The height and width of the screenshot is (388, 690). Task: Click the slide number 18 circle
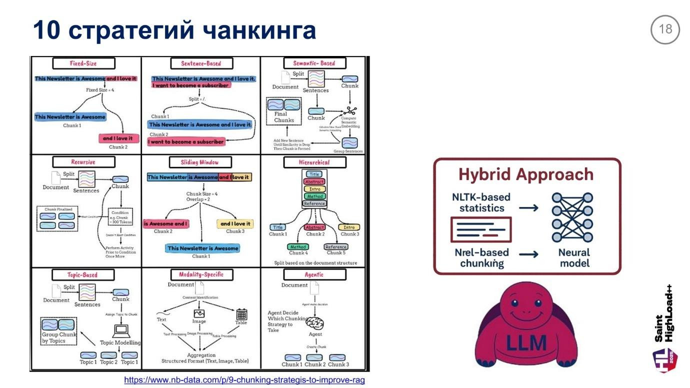(x=665, y=29)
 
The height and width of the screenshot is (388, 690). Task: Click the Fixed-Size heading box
(x=83, y=63)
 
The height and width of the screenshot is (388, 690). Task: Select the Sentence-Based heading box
(x=201, y=63)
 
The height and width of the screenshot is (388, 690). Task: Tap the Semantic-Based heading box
(x=314, y=63)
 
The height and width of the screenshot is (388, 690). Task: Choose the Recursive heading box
(x=83, y=162)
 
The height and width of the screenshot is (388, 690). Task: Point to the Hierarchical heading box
(x=314, y=162)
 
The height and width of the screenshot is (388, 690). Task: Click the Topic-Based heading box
(x=83, y=274)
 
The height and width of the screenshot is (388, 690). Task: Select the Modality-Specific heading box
(x=201, y=274)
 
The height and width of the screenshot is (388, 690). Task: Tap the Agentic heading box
(x=314, y=274)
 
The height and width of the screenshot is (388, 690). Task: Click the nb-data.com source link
(x=244, y=380)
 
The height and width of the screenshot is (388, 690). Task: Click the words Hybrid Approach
(x=526, y=174)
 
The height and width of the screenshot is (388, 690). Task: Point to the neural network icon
(x=572, y=217)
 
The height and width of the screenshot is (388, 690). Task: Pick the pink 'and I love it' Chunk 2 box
(x=118, y=138)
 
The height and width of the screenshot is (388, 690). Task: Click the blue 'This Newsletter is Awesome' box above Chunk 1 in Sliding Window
(x=203, y=248)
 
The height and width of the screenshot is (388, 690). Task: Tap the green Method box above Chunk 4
(x=298, y=246)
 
